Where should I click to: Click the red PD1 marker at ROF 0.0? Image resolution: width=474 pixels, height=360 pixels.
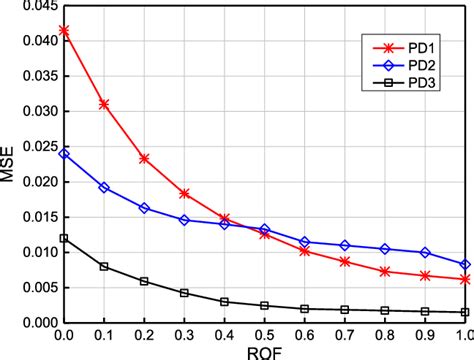coord(64,30)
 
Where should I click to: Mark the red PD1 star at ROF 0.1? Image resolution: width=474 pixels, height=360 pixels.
coord(104,103)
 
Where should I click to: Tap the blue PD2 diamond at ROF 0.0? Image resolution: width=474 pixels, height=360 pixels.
coord(64,153)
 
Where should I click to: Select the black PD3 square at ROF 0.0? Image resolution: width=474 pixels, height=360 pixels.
coord(64,238)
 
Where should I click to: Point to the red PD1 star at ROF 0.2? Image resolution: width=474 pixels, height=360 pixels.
coord(144,158)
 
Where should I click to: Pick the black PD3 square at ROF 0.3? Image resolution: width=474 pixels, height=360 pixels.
coord(184,293)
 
